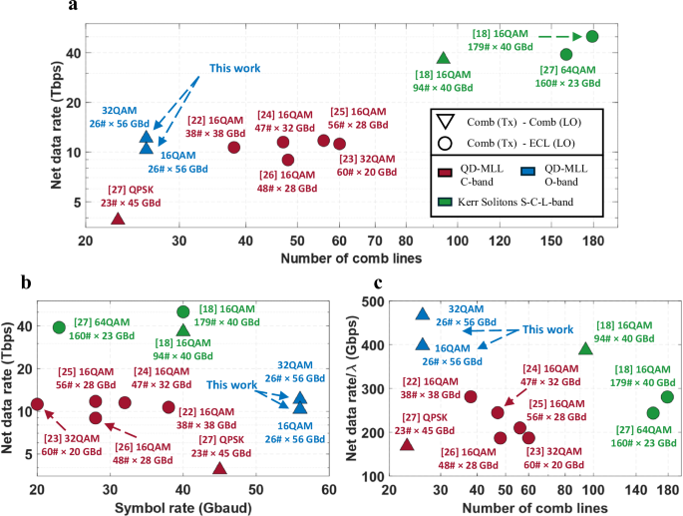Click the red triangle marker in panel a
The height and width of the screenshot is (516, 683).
click(x=118, y=219)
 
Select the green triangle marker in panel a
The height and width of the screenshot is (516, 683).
click(x=444, y=59)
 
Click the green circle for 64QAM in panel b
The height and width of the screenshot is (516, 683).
click(x=59, y=327)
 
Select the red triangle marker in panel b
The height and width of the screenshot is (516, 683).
click(x=219, y=469)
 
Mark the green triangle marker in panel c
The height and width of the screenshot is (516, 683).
click(x=586, y=348)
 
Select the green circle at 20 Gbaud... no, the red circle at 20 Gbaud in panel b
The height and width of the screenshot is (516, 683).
click(x=37, y=404)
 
